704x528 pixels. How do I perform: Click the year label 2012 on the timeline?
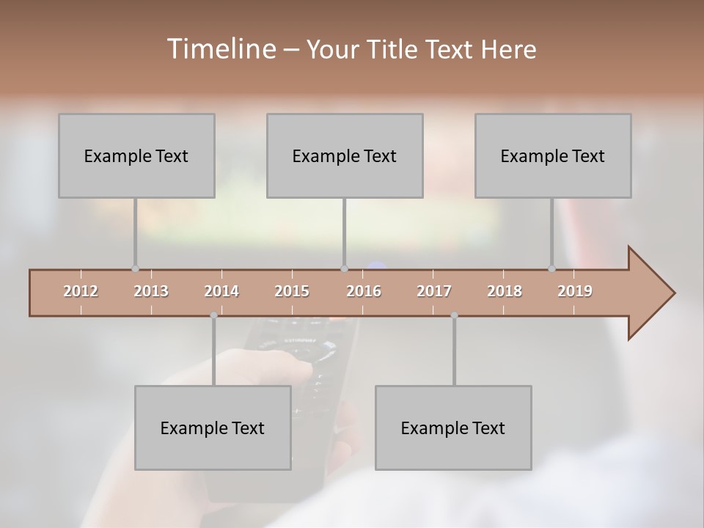(81, 291)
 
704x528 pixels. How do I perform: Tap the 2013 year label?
(151, 291)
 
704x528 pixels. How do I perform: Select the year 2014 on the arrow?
(221, 291)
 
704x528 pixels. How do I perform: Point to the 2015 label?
(292, 291)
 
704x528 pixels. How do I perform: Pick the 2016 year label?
(364, 291)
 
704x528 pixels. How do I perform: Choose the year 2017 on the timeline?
(434, 291)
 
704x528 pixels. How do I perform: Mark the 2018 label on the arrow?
(505, 291)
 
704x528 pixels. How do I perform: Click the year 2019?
(575, 291)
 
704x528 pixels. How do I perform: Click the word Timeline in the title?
(220, 49)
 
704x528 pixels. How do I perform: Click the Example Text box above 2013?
(136, 155)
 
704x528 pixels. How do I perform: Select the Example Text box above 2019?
(553, 155)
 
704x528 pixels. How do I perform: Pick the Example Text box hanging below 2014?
(213, 428)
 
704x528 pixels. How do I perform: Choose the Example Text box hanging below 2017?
(453, 428)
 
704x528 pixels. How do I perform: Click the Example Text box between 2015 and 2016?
(345, 155)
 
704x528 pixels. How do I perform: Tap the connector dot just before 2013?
(135, 269)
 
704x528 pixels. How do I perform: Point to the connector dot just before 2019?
(551, 269)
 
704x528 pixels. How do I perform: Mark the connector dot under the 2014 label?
(213, 315)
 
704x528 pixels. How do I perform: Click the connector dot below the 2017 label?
(454, 315)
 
